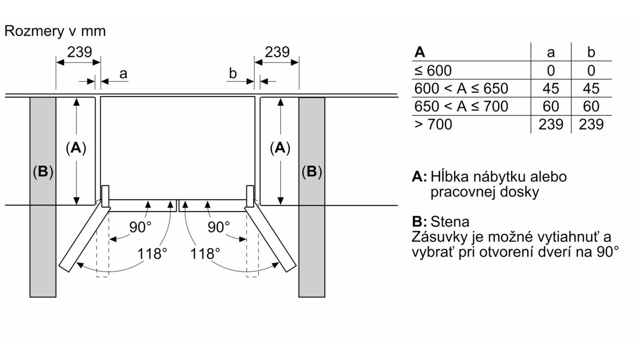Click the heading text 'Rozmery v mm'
pyautogui.click(x=55, y=31)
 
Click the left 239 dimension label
pyautogui.click(x=80, y=52)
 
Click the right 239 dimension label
pyautogui.click(x=277, y=52)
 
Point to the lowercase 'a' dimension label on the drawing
pyautogui.click(x=123, y=74)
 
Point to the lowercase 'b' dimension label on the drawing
pyautogui.click(x=233, y=73)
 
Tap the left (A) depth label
pyautogui.click(x=76, y=148)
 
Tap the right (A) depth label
pyautogui.click(x=280, y=148)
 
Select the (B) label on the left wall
pyautogui.click(x=43, y=171)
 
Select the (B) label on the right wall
pyautogui.click(x=311, y=171)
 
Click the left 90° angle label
pyautogui.click(x=140, y=227)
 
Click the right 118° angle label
pyautogui.click(x=205, y=254)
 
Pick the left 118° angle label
pyautogui.click(x=152, y=254)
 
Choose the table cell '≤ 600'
pyautogui.click(x=433, y=71)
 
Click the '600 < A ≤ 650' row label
pyautogui.click(x=462, y=89)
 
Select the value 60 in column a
pyautogui.click(x=551, y=106)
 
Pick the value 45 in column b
pyautogui.click(x=591, y=89)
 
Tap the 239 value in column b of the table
pyautogui.click(x=591, y=124)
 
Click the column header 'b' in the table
pyautogui.click(x=591, y=52)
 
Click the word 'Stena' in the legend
pyautogui.click(x=450, y=222)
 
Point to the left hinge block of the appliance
pyautogui.click(x=105, y=197)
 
